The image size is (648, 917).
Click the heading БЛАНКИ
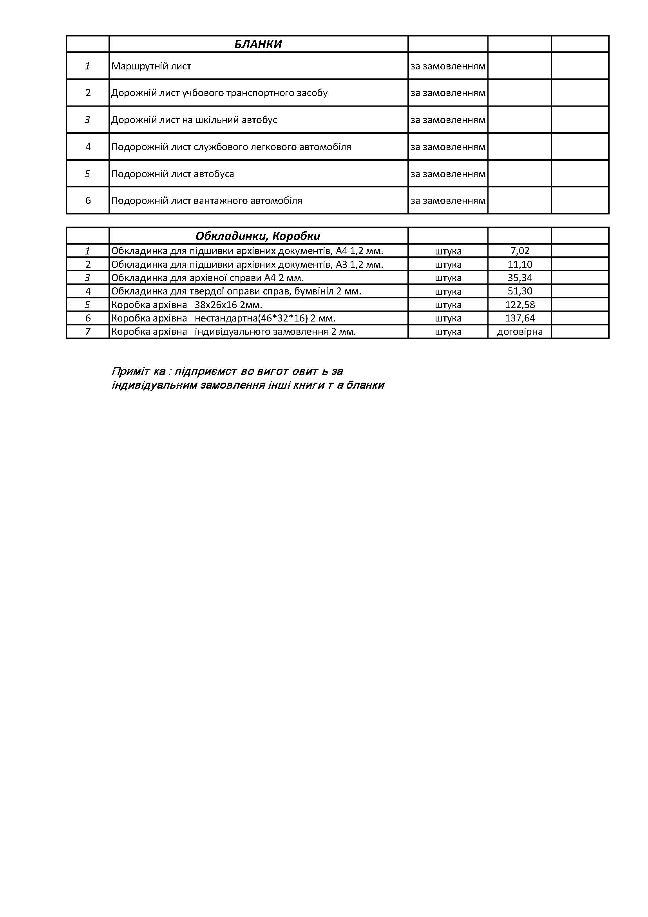pyautogui.click(x=258, y=44)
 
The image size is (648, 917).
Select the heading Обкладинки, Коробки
pyautogui.click(x=258, y=236)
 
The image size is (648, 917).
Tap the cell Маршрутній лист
pyautogui.click(x=151, y=66)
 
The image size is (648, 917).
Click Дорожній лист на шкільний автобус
pyautogui.click(x=194, y=120)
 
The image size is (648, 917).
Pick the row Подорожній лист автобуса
pyautogui.click(x=172, y=174)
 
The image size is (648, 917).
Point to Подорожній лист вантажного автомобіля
pyautogui.click(x=206, y=200)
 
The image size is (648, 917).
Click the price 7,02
pyautogui.click(x=519, y=251)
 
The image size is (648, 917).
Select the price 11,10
pyautogui.click(x=519, y=264)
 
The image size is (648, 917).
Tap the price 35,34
pyautogui.click(x=519, y=278)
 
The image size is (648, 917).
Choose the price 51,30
pyautogui.click(x=519, y=291)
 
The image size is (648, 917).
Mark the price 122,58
pyautogui.click(x=519, y=305)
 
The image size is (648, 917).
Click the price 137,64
pyautogui.click(x=519, y=318)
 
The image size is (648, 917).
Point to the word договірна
pyautogui.click(x=519, y=332)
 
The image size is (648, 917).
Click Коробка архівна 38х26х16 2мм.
pyautogui.click(x=186, y=305)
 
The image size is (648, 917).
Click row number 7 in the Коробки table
pyautogui.click(x=88, y=332)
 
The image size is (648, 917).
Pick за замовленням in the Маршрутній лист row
pyautogui.click(x=448, y=66)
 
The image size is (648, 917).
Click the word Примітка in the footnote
pyautogui.click(x=138, y=371)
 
